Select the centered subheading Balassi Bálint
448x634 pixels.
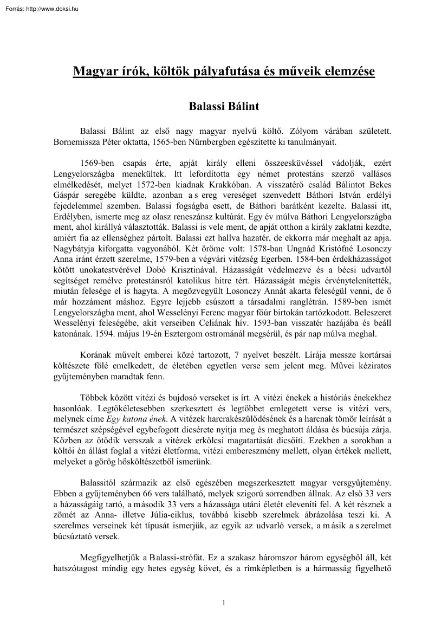tap(224, 107)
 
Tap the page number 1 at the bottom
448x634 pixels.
tap(223, 603)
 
